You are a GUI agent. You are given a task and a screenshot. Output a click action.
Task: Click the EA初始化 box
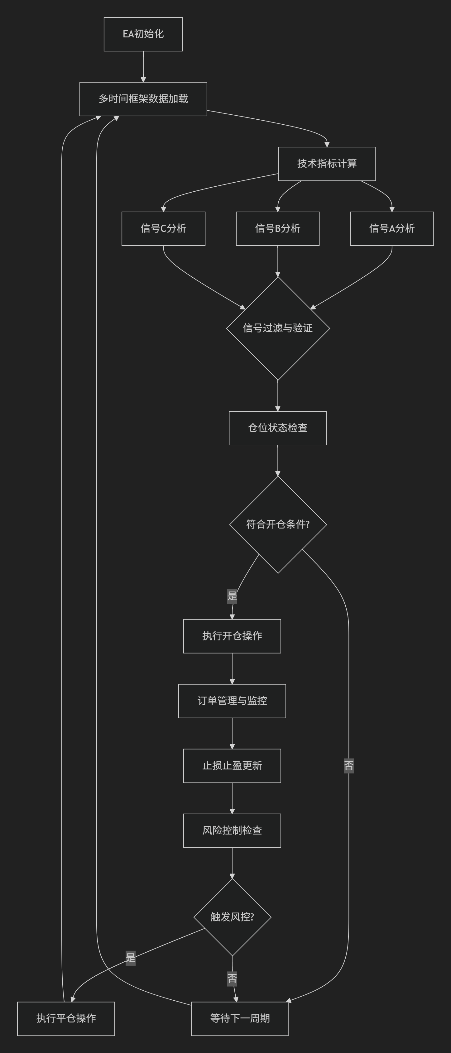coord(143,34)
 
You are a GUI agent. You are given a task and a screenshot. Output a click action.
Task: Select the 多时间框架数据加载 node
coord(143,99)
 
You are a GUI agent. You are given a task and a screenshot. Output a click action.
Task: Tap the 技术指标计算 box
coord(327,164)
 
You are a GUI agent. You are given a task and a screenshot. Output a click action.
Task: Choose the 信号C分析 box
coord(163,228)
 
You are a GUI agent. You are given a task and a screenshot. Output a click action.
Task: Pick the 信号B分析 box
coord(278,228)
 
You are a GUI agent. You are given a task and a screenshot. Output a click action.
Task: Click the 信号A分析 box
coord(392,228)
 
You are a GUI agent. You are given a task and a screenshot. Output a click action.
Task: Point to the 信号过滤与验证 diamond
coord(278,328)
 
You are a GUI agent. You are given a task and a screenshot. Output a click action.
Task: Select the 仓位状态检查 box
coord(278,428)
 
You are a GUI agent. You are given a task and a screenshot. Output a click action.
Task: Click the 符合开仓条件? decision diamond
coord(278,524)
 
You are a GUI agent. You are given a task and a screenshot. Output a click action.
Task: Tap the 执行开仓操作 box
coord(232,636)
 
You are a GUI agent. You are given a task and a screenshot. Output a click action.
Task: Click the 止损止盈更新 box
coord(232,766)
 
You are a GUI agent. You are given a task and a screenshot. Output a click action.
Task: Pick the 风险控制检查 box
coord(232,830)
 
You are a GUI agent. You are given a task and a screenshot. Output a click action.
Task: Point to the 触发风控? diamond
coord(232,917)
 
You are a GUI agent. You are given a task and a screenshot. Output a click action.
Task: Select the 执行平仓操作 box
coord(66,1018)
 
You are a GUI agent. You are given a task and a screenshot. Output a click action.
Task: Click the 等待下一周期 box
coord(240,1018)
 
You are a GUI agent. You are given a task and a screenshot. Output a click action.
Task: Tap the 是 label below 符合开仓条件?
coord(232,596)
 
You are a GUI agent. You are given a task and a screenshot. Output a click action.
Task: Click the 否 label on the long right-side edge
coord(348,765)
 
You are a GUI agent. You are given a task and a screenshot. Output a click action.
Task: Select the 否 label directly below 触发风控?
coord(232,979)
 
